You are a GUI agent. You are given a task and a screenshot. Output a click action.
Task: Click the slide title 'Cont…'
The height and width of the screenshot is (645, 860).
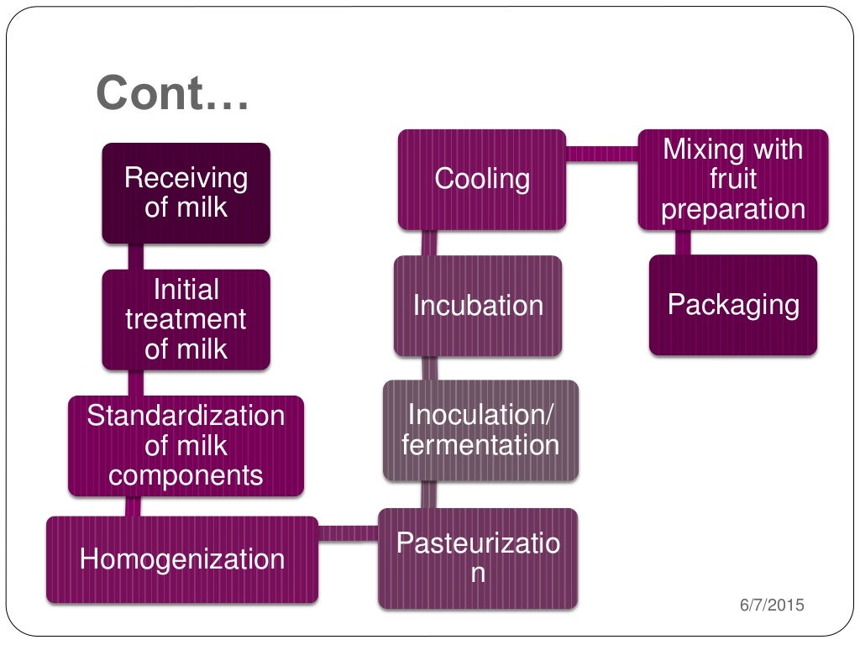click(x=172, y=93)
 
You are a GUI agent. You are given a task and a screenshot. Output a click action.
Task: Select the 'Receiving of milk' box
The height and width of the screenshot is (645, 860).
click(x=186, y=193)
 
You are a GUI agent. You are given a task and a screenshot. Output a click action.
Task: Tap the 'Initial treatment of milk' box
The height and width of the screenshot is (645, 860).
click(x=186, y=319)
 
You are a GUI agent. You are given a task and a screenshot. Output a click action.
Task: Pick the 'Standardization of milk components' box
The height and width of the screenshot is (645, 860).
click(x=186, y=445)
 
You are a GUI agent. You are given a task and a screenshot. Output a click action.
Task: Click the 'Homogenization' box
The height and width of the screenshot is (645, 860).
click(x=182, y=559)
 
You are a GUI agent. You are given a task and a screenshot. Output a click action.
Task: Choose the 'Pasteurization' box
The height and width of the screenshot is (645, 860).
click(x=478, y=558)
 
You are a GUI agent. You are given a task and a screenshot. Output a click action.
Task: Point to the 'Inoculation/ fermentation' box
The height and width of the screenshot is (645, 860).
click(x=480, y=430)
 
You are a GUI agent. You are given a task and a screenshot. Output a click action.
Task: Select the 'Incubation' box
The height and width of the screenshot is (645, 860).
click(x=478, y=305)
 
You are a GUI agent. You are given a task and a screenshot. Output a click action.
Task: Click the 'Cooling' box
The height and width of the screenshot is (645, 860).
click(x=481, y=180)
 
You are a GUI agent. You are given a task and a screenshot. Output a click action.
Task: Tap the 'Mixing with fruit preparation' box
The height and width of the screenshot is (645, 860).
click(x=732, y=180)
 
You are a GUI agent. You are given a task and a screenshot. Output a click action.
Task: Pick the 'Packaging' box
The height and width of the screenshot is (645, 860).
click(x=732, y=305)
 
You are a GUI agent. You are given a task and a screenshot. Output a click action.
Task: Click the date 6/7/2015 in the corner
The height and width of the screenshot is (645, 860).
click(x=772, y=604)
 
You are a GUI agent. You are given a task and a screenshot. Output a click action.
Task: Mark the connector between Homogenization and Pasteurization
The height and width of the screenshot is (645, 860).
click(x=348, y=532)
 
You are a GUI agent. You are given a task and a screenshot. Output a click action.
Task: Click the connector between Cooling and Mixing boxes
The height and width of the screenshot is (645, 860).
click(x=601, y=153)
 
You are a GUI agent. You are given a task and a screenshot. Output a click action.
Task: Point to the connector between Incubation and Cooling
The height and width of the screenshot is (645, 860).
click(x=429, y=243)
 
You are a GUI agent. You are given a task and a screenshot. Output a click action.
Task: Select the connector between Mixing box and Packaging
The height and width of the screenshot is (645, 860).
click(x=682, y=242)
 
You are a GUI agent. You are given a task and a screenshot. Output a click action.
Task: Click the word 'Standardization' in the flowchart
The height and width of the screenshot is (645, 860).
click(x=186, y=416)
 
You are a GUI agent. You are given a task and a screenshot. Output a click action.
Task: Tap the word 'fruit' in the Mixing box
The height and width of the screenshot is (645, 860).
click(x=732, y=180)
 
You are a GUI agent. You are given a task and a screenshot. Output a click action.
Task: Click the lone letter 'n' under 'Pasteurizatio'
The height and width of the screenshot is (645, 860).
click(x=478, y=574)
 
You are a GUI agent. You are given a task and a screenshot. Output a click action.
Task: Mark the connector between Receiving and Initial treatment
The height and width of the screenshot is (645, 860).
click(x=134, y=256)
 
